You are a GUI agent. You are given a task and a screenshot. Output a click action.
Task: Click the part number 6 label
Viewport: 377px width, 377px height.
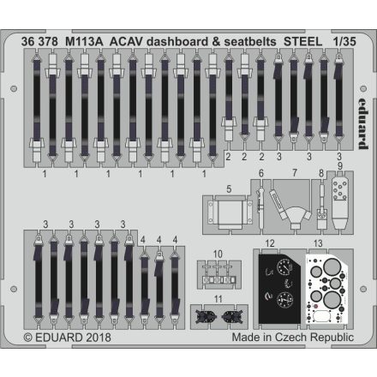coord(260,174)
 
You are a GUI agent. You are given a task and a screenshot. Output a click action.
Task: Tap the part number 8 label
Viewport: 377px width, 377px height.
coord(320,174)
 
